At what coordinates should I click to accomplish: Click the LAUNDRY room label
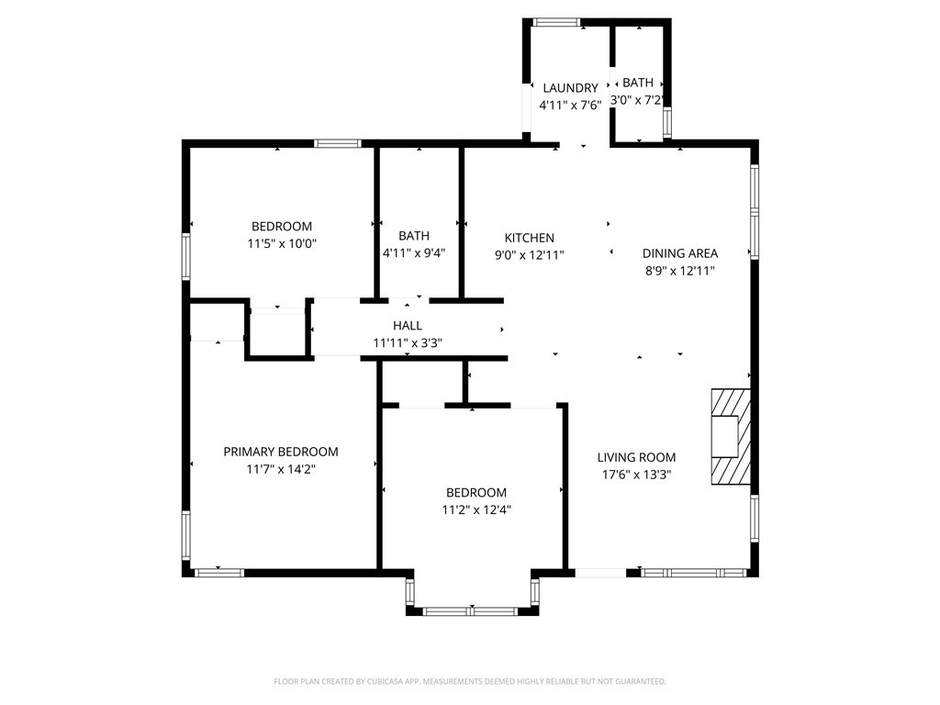coord(570,88)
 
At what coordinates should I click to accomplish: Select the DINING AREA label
coord(679,253)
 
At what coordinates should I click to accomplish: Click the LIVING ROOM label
coord(636,457)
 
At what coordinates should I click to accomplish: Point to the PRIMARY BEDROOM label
coord(281,452)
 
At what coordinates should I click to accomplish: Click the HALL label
coord(408,325)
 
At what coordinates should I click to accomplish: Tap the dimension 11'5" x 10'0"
coord(282,243)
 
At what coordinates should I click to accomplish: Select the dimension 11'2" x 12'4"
coord(476,509)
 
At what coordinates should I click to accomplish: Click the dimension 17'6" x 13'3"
coord(636,475)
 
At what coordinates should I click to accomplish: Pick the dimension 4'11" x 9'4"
coord(413,253)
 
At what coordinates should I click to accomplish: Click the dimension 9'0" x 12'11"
coord(529,255)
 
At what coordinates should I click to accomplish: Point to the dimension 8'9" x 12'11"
coord(679,271)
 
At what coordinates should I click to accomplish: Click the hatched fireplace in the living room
coord(731,436)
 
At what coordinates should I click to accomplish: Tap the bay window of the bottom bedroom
coord(472,609)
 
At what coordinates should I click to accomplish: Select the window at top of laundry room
coord(557,22)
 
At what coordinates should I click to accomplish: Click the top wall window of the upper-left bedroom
coord(337,143)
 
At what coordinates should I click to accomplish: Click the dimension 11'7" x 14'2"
coord(281,469)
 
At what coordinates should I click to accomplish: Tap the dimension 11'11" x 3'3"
coord(408,342)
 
